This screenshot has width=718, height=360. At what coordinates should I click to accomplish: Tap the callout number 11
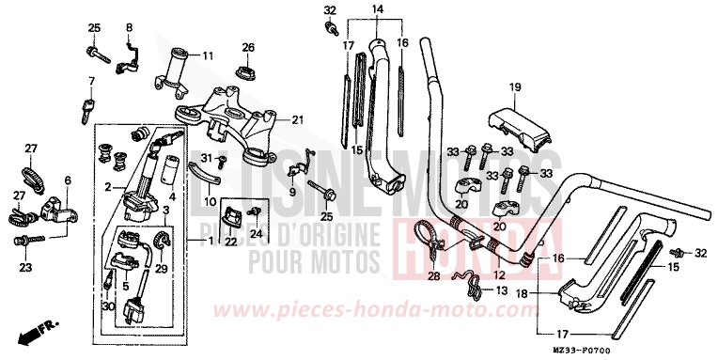point(208,56)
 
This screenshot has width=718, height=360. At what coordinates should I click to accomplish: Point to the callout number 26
point(248,47)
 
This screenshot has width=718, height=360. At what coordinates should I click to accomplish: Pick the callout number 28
point(433,275)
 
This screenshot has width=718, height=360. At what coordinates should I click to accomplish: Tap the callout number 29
point(160,269)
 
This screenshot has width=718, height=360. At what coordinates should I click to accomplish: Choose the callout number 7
point(92,80)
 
